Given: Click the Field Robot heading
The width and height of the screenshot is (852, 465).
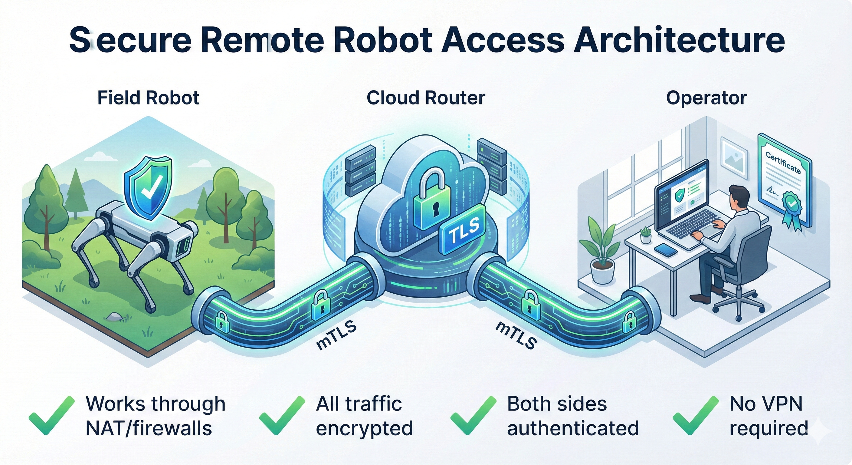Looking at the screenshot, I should click(148, 98).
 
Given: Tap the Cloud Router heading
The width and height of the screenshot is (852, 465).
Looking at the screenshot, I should click(426, 98).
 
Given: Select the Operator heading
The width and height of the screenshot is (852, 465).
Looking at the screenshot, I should click(706, 98).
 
